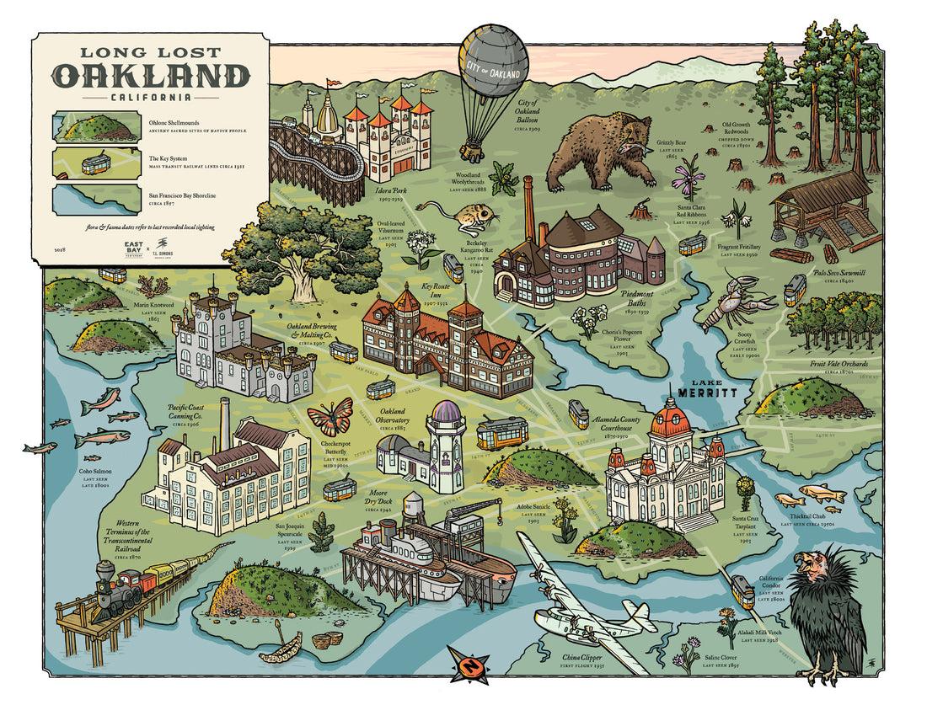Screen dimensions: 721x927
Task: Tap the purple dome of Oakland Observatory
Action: pyautogui.click(x=445, y=413)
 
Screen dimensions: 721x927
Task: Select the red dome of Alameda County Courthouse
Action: pyautogui.click(x=671, y=417)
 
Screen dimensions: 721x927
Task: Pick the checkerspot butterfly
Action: pyautogui.click(x=330, y=416)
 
